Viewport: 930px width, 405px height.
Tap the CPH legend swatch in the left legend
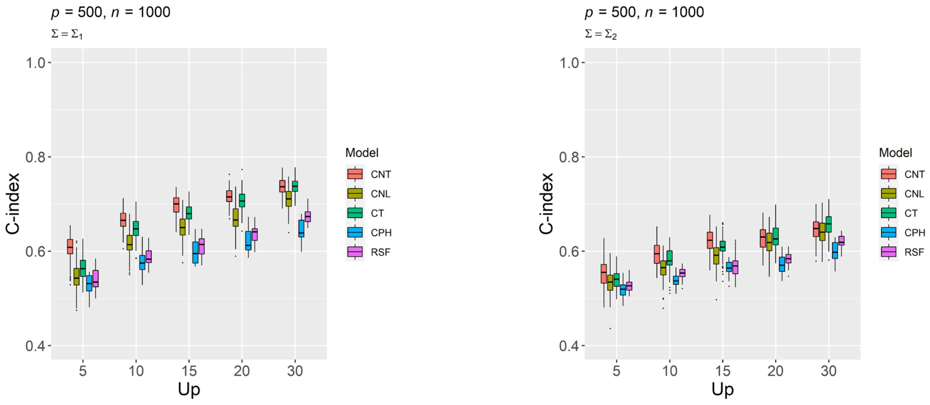pyautogui.click(x=355, y=232)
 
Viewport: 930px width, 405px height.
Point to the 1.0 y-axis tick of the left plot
pyautogui.click(x=35, y=63)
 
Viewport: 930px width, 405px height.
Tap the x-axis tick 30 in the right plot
pyautogui.click(x=829, y=371)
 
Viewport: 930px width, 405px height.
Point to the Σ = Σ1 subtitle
pyautogui.click(x=67, y=34)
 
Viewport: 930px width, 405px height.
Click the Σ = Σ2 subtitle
pyautogui.click(x=601, y=34)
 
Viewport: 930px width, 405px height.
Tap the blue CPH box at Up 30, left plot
pyautogui.click(x=301, y=228)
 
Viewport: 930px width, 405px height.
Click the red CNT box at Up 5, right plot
pyautogui.click(x=604, y=274)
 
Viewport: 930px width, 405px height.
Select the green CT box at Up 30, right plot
pyautogui.click(x=829, y=224)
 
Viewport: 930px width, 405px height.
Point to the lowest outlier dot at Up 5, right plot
pyautogui.click(x=610, y=329)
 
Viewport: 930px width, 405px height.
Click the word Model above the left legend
pyautogui.click(x=362, y=153)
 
